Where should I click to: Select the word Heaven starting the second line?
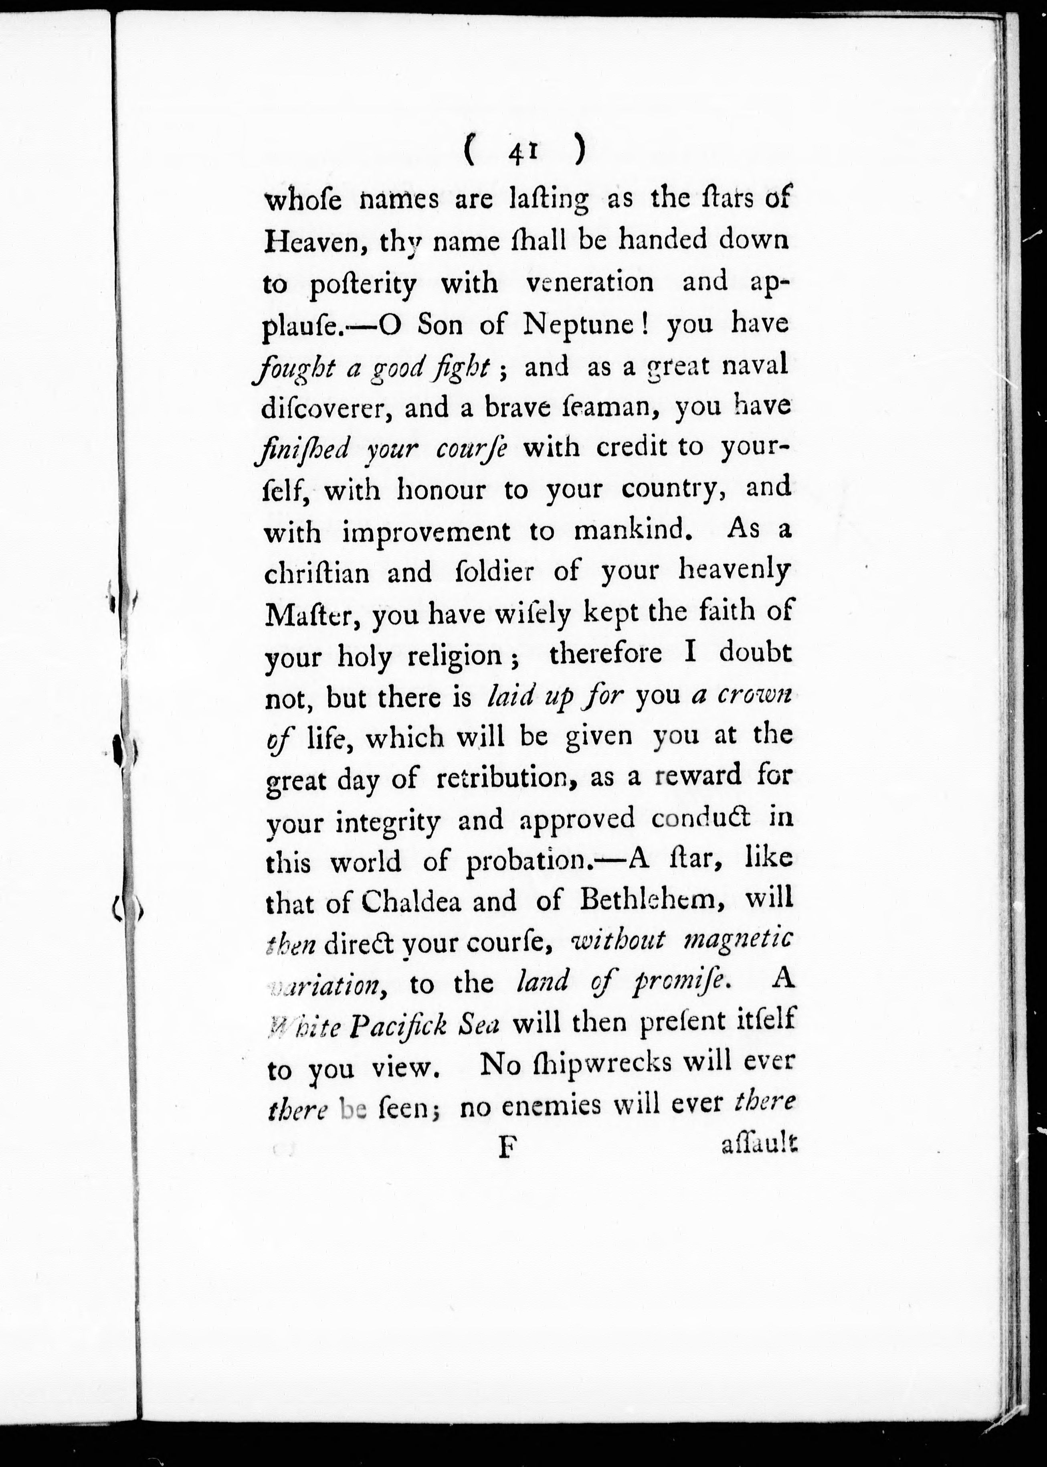tap(309, 241)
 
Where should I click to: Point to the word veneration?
tap(589, 282)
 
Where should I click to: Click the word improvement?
tap(426, 532)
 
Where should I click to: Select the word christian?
tap(317, 573)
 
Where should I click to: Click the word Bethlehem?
tap(653, 900)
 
